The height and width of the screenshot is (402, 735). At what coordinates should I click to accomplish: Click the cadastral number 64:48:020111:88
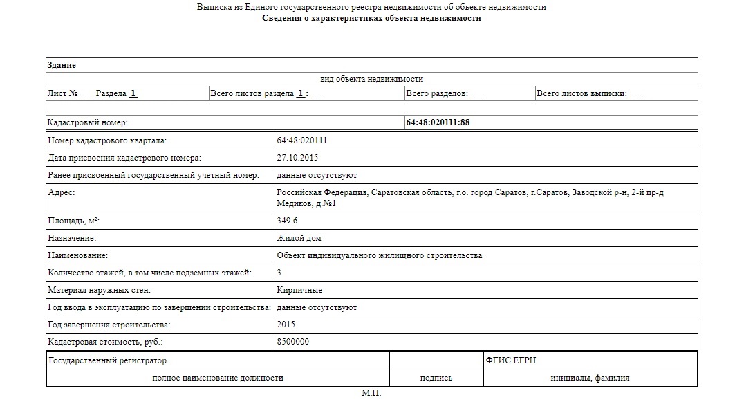tap(438, 122)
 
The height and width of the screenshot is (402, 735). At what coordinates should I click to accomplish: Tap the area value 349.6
tap(287, 221)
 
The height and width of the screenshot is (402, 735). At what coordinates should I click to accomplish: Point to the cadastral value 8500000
tap(292, 342)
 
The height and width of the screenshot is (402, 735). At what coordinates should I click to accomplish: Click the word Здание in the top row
tap(62, 65)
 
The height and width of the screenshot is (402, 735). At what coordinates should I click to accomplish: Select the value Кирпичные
tap(299, 290)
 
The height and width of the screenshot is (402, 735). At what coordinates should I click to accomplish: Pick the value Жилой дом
tap(299, 238)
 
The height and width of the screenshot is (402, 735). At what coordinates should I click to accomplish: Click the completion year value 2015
tap(286, 325)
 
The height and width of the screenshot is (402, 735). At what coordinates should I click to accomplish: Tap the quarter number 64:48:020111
tap(301, 140)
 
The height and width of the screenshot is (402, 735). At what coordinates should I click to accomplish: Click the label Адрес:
tap(61, 192)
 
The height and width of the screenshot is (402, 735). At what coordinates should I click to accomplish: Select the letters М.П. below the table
tap(371, 393)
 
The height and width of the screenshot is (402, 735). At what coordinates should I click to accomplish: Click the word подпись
tap(436, 378)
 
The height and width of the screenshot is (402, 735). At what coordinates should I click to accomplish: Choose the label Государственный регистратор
tap(107, 360)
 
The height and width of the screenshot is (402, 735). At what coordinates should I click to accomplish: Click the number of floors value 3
tap(279, 273)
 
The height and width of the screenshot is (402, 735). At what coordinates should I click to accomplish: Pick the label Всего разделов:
tap(437, 93)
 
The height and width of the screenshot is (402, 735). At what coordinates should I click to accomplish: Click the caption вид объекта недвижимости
tap(371, 79)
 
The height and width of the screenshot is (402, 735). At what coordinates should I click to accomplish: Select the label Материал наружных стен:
tap(99, 290)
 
